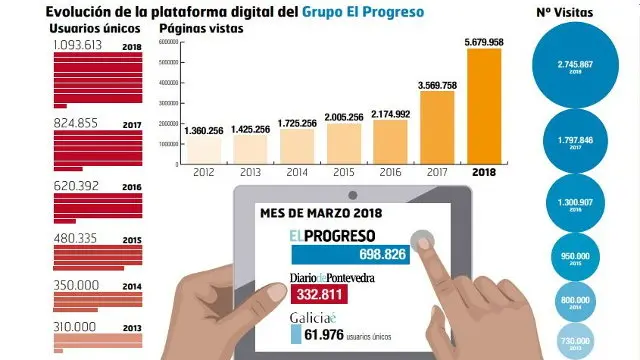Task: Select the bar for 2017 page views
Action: point(435,127)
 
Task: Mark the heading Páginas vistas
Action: point(201,28)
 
